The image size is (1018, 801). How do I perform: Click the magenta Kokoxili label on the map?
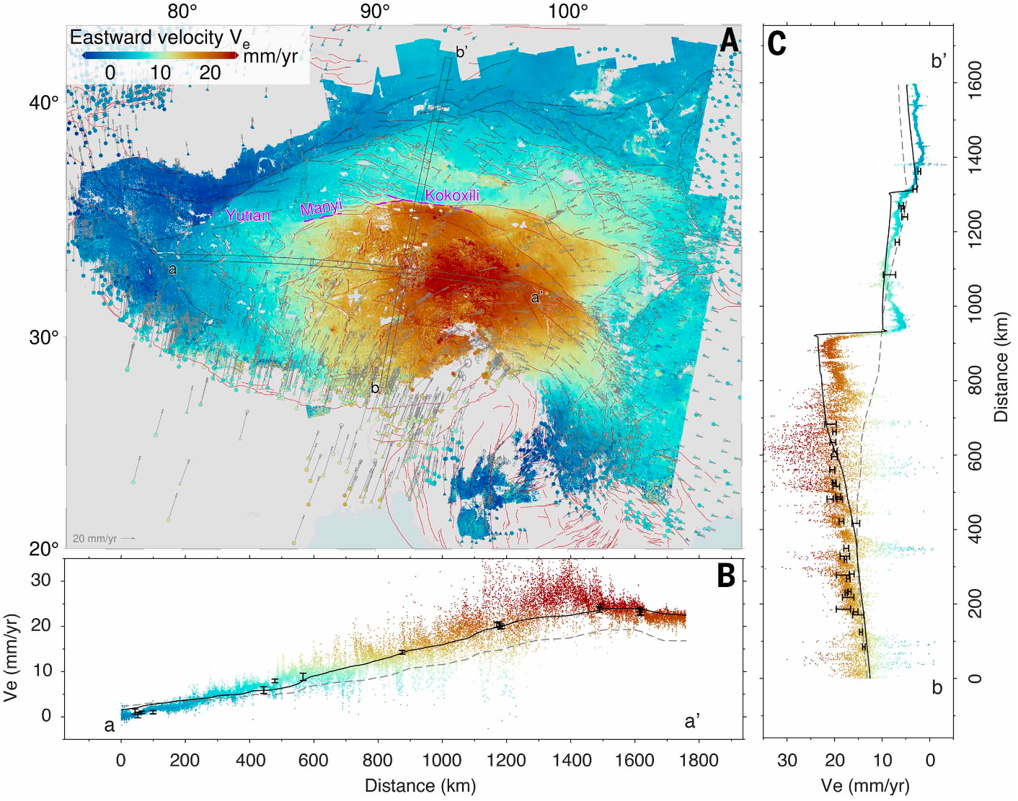(x=452, y=195)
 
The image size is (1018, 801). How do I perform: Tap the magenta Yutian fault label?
(x=247, y=215)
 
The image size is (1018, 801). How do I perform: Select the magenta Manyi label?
(x=321, y=208)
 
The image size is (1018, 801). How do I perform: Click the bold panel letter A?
(x=729, y=40)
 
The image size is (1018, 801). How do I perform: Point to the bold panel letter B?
(x=725, y=576)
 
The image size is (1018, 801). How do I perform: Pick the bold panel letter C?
(x=776, y=43)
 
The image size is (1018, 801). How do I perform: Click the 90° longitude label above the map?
(x=375, y=12)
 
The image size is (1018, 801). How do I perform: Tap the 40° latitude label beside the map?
(x=44, y=102)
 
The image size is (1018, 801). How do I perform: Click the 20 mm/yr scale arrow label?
(x=94, y=539)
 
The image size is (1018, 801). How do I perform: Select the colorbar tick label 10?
(x=160, y=73)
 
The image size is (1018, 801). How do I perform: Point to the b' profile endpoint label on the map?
(x=462, y=52)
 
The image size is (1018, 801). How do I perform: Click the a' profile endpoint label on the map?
(x=537, y=297)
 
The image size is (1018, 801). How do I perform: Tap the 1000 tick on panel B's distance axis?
(x=441, y=760)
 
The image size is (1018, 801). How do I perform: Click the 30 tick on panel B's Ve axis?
(x=40, y=580)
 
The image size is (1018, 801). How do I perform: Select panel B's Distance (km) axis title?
(x=420, y=785)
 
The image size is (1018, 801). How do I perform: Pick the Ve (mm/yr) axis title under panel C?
(x=865, y=785)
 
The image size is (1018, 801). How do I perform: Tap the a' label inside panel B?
(x=692, y=721)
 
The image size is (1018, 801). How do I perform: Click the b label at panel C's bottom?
(x=937, y=688)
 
